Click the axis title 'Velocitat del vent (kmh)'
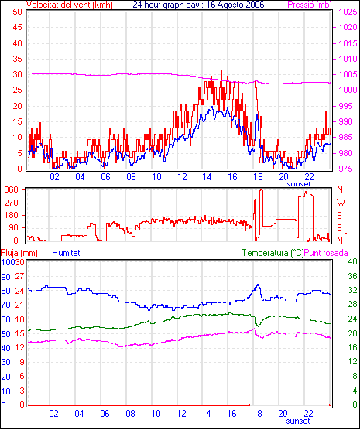[x=70, y=5]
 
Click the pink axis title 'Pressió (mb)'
[x=310, y=5]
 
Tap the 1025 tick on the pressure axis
[x=348, y=12]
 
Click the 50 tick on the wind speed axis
[x=17, y=12]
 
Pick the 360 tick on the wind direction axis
[x=12, y=189]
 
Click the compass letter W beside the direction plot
[x=341, y=203]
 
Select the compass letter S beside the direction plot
[x=340, y=216]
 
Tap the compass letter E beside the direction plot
[x=339, y=228]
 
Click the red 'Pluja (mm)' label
[x=19, y=253]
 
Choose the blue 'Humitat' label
[x=66, y=253]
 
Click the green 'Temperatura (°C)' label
[x=273, y=253]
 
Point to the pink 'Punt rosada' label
[x=326, y=253]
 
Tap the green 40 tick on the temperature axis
[x=352, y=261]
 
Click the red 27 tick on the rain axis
[x=19, y=276]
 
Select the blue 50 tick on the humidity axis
[x=5, y=334]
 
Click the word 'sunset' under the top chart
[x=299, y=184]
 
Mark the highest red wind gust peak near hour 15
[x=221, y=70]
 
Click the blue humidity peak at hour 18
[x=258, y=285]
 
